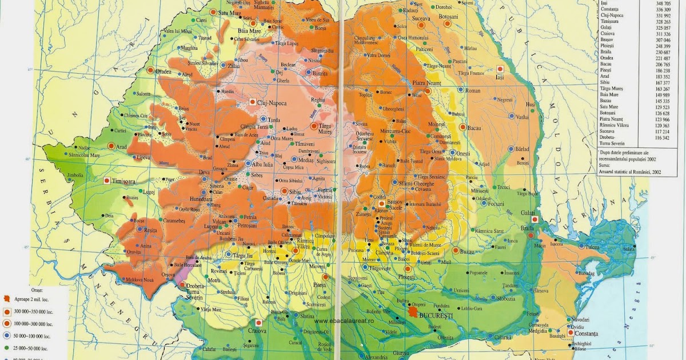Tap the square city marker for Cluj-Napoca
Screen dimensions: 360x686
252,102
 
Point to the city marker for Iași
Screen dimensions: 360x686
500,69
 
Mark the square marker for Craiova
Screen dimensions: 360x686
259,322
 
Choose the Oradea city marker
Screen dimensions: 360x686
150,70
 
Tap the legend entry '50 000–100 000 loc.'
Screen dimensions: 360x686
33,337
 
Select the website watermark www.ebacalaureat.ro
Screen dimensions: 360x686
351,321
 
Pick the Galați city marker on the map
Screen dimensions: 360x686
534,219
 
